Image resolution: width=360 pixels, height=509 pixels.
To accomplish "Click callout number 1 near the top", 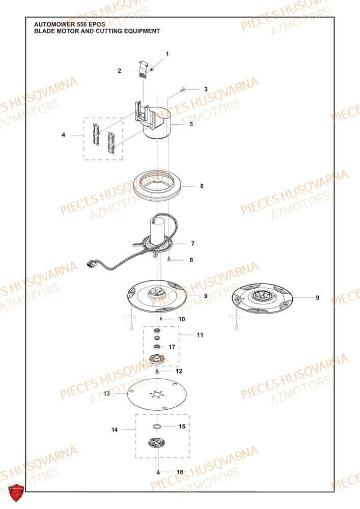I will [167, 54].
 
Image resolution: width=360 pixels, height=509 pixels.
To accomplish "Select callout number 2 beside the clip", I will [120, 71].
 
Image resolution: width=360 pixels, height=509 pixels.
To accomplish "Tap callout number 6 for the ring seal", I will [202, 186].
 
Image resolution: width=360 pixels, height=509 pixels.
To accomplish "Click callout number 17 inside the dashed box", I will [172, 347].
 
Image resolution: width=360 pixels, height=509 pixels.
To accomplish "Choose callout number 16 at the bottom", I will [179, 472].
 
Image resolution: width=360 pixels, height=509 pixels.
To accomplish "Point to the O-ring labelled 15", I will [157, 426].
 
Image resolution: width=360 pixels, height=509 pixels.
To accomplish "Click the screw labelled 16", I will [158, 473].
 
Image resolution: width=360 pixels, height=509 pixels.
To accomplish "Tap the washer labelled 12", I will [157, 372].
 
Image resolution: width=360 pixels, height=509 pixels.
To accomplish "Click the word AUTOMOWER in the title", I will [52, 24].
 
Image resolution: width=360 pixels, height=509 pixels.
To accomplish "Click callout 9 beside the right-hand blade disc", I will [317, 298].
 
